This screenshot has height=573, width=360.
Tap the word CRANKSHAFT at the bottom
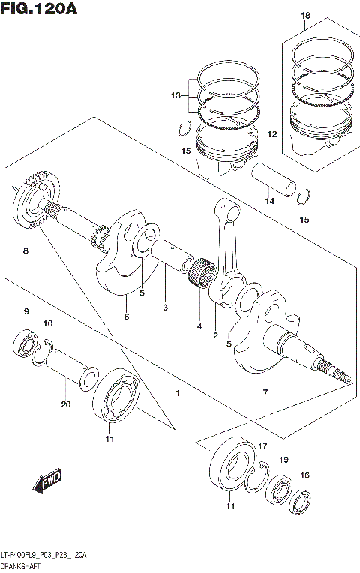pyautogui.click(x=24, y=566)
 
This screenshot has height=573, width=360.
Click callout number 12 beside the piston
pyautogui.click(x=272, y=134)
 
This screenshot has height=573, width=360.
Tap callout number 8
pyautogui.click(x=25, y=250)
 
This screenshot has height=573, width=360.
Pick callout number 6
pyautogui.click(x=126, y=316)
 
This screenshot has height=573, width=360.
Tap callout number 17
pyautogui.click(x=262, y=447)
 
